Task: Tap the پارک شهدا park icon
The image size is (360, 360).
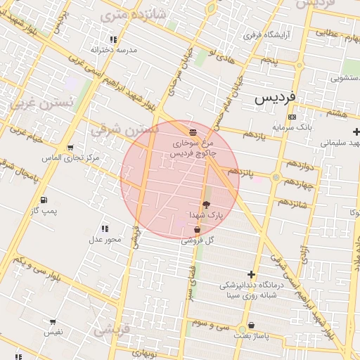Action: (205, 204)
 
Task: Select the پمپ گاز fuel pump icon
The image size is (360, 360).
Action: (44, 200)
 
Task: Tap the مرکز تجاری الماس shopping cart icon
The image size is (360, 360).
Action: (70, 148)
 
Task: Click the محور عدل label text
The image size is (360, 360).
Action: (105, 240)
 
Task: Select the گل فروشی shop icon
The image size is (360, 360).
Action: (196, 229)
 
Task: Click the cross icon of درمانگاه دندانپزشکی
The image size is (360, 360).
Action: (251, 274)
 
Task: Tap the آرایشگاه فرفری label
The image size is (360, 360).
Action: (262, 34)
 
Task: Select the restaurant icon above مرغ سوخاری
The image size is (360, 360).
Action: (193, 131)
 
